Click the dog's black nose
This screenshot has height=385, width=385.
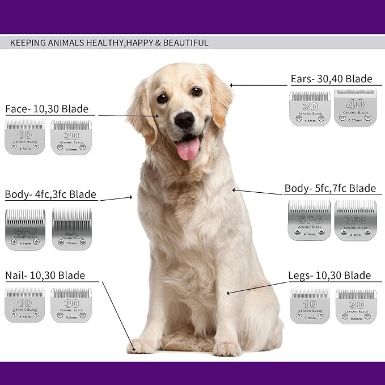pyautogui.click(x=184, y=119)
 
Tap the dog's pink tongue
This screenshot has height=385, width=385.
pyautogui.click(x=188, y=149)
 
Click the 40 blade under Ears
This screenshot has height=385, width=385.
pyautogui.click(x=354, y=108)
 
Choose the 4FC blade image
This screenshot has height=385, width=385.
pyautogui.click(x=26, y=229)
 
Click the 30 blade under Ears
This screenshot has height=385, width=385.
pyautogui.click(x=310, y=108)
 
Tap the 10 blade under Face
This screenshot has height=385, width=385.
pyautogui.click(x=24, y=137)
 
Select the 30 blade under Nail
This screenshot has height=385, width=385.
pyautogui.click(x=71, y=305)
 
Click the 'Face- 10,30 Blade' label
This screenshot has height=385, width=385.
pyautogui.click(x=46, y=109)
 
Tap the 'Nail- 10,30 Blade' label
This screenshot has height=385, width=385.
pyautogui.click(x=45, y=276)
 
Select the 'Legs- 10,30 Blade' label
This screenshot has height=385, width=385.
pyautogui.click(x=329, y=276)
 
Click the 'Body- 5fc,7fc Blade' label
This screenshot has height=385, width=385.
pyautogui.click(x=330, y=188)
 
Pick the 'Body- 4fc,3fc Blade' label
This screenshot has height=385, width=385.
pyautogui.click(x=50, y=194)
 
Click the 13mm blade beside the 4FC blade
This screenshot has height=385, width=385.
pyautogui.click(x=71, y=229)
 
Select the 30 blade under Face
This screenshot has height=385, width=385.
pyautogui.click(x=71, y=137)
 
